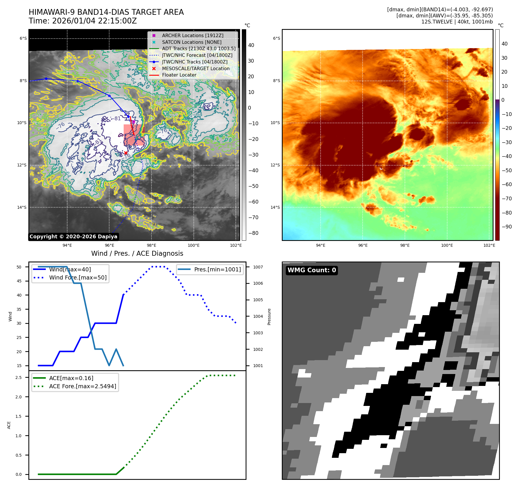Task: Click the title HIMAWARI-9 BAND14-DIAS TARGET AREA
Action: (106, 12)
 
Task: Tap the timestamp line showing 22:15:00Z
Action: (83, 21)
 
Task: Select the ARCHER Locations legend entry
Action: (193, 35)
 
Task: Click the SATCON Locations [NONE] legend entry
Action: (191, 42)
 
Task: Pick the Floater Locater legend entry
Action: (179, 75)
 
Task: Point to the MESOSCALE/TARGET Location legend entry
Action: (195, 68)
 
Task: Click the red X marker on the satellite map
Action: (126, 153)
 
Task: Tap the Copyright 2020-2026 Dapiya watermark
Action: (73, 237)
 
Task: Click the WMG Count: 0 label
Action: (312, 270)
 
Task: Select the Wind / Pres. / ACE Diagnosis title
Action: (137, 253)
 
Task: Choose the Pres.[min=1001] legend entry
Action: (217, 269)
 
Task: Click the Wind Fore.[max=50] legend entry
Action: (78, 277)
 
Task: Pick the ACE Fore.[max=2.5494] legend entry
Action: (83, 386)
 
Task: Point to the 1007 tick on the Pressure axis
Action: (258, 267)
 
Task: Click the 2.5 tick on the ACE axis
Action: (19, 378)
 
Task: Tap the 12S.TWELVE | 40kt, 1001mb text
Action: (457, 22)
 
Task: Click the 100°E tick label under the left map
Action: (193, 245)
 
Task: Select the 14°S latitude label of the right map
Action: (275, 207)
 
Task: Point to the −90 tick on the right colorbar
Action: (507, 227)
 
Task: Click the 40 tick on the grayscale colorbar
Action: (251, 45)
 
